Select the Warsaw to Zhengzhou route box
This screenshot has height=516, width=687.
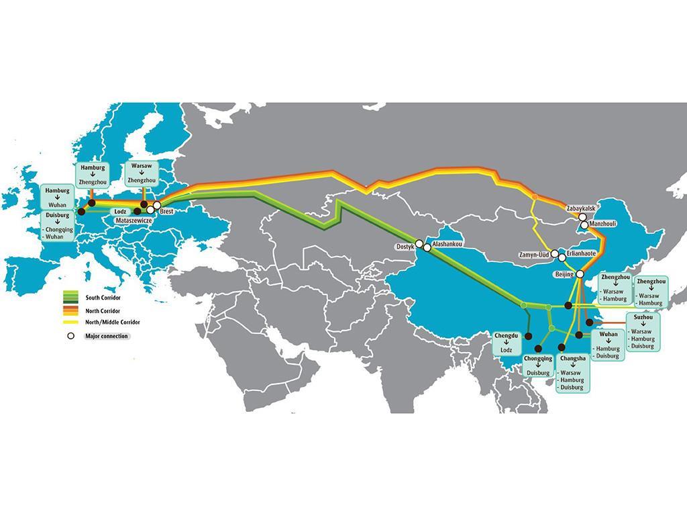coord(141,173)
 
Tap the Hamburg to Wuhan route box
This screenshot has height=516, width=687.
coord(58,198)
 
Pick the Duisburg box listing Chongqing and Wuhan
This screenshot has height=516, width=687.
coord(60,226)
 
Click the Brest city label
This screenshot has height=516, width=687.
coord(167,212)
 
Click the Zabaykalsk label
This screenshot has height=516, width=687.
coord(580,208)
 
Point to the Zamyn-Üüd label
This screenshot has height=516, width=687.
coord(534,255)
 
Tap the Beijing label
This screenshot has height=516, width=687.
coord(564,275)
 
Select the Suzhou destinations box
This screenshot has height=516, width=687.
coord(643,331)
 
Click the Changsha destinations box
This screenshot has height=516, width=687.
coord(572,374)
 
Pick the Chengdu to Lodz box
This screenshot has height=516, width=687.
coord(506,343)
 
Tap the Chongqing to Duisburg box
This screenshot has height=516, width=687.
coord(538,366)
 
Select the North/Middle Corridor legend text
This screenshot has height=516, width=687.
coord(112,322)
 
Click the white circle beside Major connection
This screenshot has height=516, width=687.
coord(70,335)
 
